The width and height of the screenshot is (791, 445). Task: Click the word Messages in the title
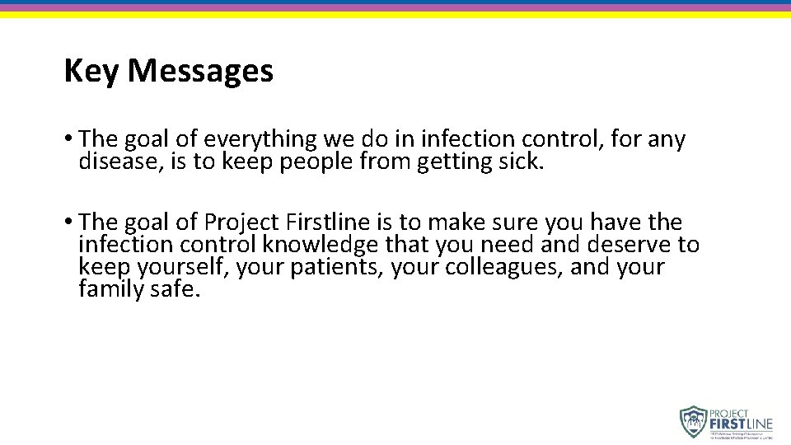click(200, 72)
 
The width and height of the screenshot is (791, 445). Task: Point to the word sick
click(522, 162)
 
